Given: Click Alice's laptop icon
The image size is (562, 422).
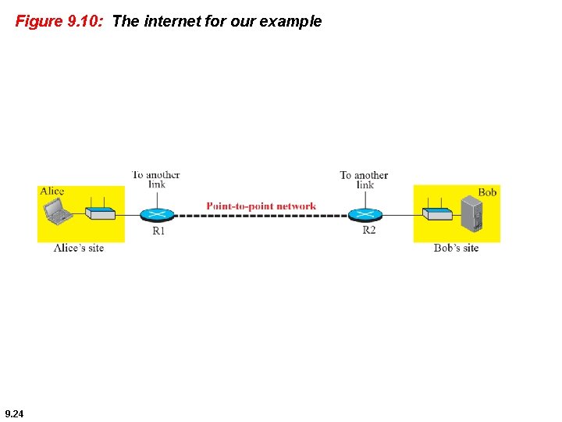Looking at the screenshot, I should (x=57, y=211).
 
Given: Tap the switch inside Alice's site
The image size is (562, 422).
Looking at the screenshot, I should (x=100, y=213).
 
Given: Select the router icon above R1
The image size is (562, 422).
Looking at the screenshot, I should (x=158, y=214).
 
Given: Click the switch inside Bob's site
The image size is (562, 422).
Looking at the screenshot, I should (x=437, y=213).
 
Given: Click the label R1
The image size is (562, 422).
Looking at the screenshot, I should (x=158, y=231).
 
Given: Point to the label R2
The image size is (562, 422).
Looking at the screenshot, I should (x=368, y=231).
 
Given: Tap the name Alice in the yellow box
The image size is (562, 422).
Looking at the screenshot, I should (x=52, y=191).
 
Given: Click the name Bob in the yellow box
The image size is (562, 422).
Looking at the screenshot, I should (x=487, y=192).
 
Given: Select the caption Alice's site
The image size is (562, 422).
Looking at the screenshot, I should (x=78, y=248).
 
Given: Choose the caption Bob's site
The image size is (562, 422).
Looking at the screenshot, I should (x=456, y=248).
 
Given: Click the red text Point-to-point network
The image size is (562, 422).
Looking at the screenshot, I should (x=261, y=206).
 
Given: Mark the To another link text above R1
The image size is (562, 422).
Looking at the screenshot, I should (x=155, y=179).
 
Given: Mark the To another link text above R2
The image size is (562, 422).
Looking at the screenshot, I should (x=364, y=179).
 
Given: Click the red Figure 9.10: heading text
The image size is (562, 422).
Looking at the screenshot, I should (x=59, y=21).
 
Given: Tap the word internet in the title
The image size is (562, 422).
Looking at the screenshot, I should (x=171, y=21).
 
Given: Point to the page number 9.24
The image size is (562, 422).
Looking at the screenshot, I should (x=14, y=413).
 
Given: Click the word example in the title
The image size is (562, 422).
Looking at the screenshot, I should (x=290, y=21).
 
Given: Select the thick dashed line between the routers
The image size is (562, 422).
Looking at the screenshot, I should (x=261, y=215).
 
